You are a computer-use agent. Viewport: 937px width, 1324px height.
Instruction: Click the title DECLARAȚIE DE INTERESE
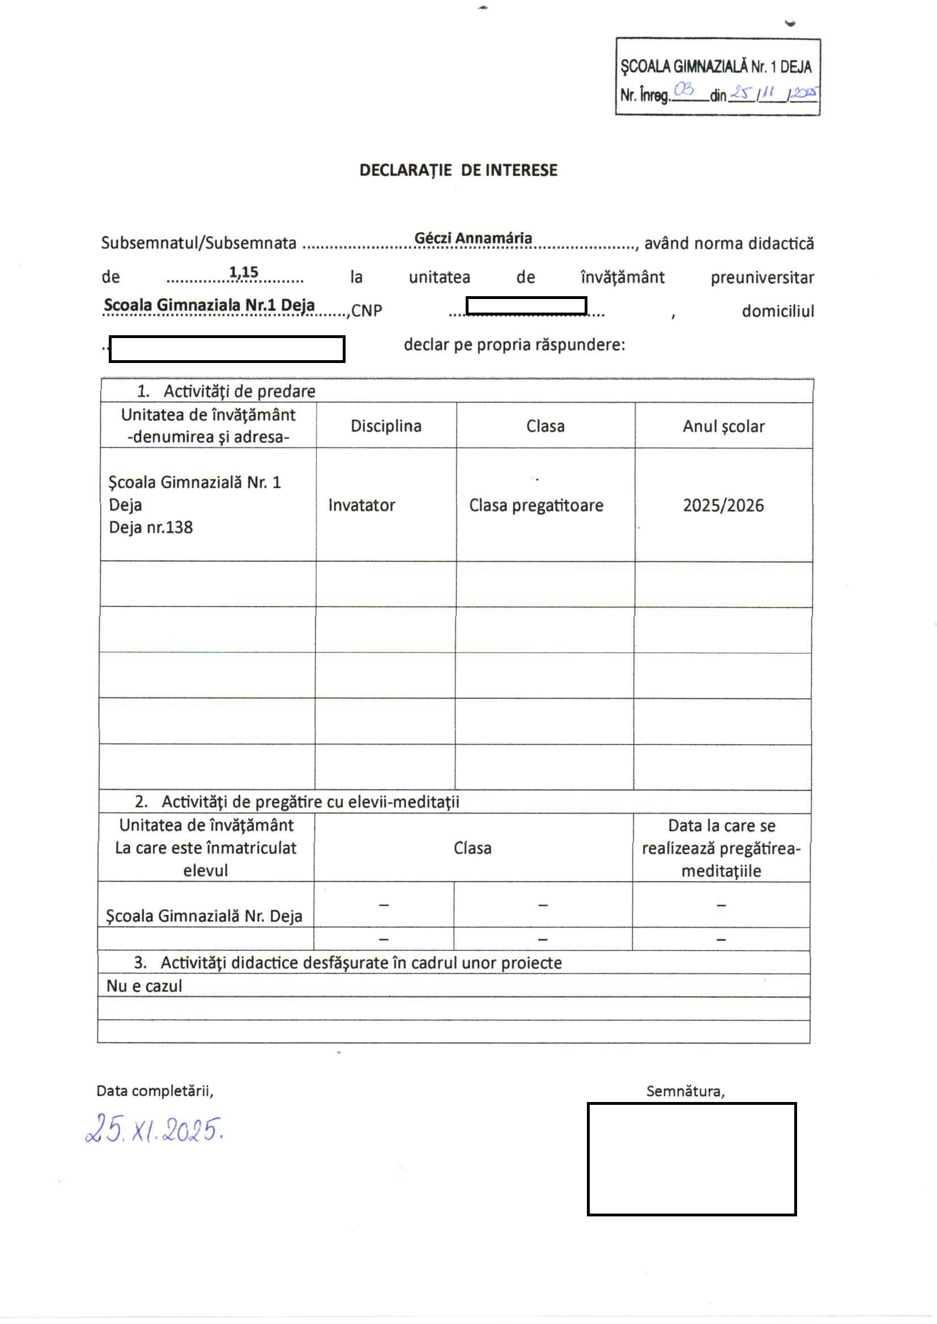pyautogui.click(x=458, y=170)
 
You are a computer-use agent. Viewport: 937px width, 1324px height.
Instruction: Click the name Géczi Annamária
pyautogui.click(x=473, y=238)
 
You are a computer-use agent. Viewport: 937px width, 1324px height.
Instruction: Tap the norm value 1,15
pyautogui.click(x=244, y=272)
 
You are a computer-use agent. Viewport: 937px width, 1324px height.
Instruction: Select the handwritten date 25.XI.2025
pyautogui.click(x=154, y=1129)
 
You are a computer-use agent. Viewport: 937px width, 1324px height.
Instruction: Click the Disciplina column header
pyautogui.click(x=386, y=426)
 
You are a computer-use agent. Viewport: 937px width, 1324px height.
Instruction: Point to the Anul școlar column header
pyautogui.click(x=723, y=426)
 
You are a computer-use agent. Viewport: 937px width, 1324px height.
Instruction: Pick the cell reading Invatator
pyautogui.click(x=362, y=505)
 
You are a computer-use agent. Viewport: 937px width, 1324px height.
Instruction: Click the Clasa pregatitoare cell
pyautogui.click(x=536, y=505)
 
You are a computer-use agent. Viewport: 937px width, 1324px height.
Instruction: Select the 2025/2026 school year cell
pyautogui.click(x=723, y=505)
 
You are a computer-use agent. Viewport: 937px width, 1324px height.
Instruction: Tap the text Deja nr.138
pyautogui.click(x=151, y=527)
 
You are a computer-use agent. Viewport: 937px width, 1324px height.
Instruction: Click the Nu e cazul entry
pyautogui.click(x=144, y=986)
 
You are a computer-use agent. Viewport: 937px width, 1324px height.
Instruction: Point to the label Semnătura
pyautogui.click(x=685, y=1091)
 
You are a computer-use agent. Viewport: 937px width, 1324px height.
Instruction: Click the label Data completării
pyautogui.click(x=155, y=1091)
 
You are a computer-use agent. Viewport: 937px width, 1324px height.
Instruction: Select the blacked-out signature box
pyautogui.click(x=691, y=1159)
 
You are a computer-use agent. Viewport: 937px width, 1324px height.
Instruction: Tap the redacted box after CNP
pyautogui.click(x=526, y=306)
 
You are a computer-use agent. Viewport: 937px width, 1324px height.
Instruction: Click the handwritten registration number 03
pyautogui.click(x=684, y=89)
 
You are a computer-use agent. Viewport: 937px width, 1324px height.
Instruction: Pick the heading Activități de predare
pyautogui.click(x=239, y=391)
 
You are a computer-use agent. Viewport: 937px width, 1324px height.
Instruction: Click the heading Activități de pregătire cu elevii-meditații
pyautogui.click(x=310, y=801)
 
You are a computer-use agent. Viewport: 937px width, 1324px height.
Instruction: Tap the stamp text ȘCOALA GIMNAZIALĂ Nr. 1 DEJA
pyautogui.click(x=716, y=67)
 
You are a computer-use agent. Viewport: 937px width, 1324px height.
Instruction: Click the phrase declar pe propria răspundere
pyautogui.click(x=514, y=344)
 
